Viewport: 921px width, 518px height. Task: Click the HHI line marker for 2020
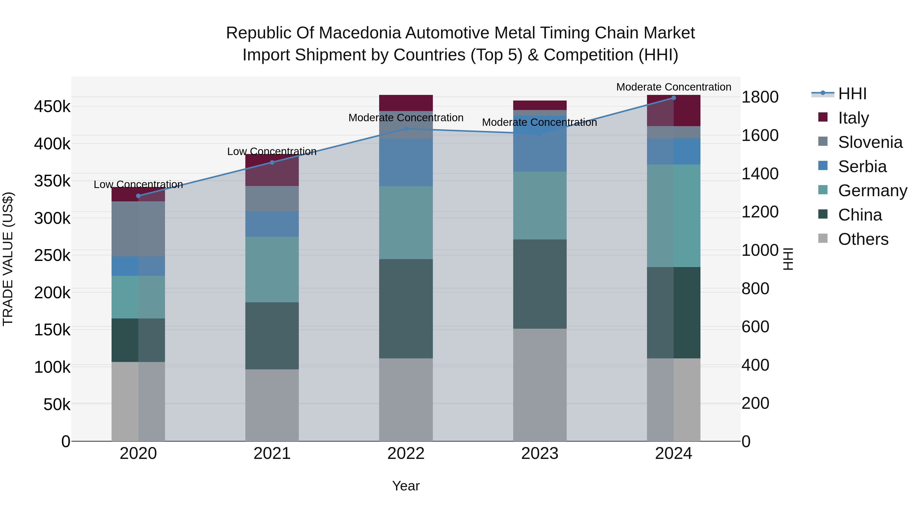138,196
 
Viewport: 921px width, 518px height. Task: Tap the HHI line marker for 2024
674,98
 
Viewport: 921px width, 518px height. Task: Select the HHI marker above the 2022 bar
406,129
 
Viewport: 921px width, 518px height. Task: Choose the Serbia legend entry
862,167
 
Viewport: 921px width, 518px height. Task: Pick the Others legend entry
863,239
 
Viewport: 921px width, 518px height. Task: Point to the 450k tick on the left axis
52,106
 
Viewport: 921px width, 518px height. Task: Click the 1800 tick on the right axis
760,97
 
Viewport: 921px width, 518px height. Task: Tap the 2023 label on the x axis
540,454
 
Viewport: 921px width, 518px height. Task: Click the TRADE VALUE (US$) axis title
8,259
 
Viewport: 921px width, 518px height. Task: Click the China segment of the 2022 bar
406,308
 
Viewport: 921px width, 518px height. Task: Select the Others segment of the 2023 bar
540,385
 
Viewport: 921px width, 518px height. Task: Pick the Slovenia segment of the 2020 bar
138,229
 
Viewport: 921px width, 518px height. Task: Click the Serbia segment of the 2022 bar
406,162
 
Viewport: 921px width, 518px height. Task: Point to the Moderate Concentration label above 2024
674,87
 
